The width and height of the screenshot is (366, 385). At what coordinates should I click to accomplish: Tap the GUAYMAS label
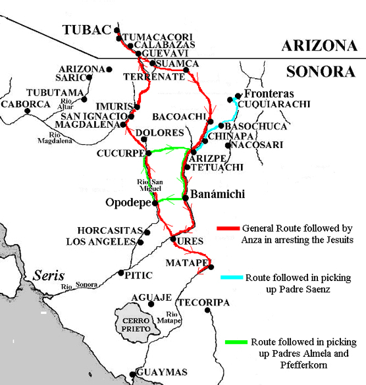tap(162, 372)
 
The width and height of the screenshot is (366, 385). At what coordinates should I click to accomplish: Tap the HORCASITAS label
tap(109, 230)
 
